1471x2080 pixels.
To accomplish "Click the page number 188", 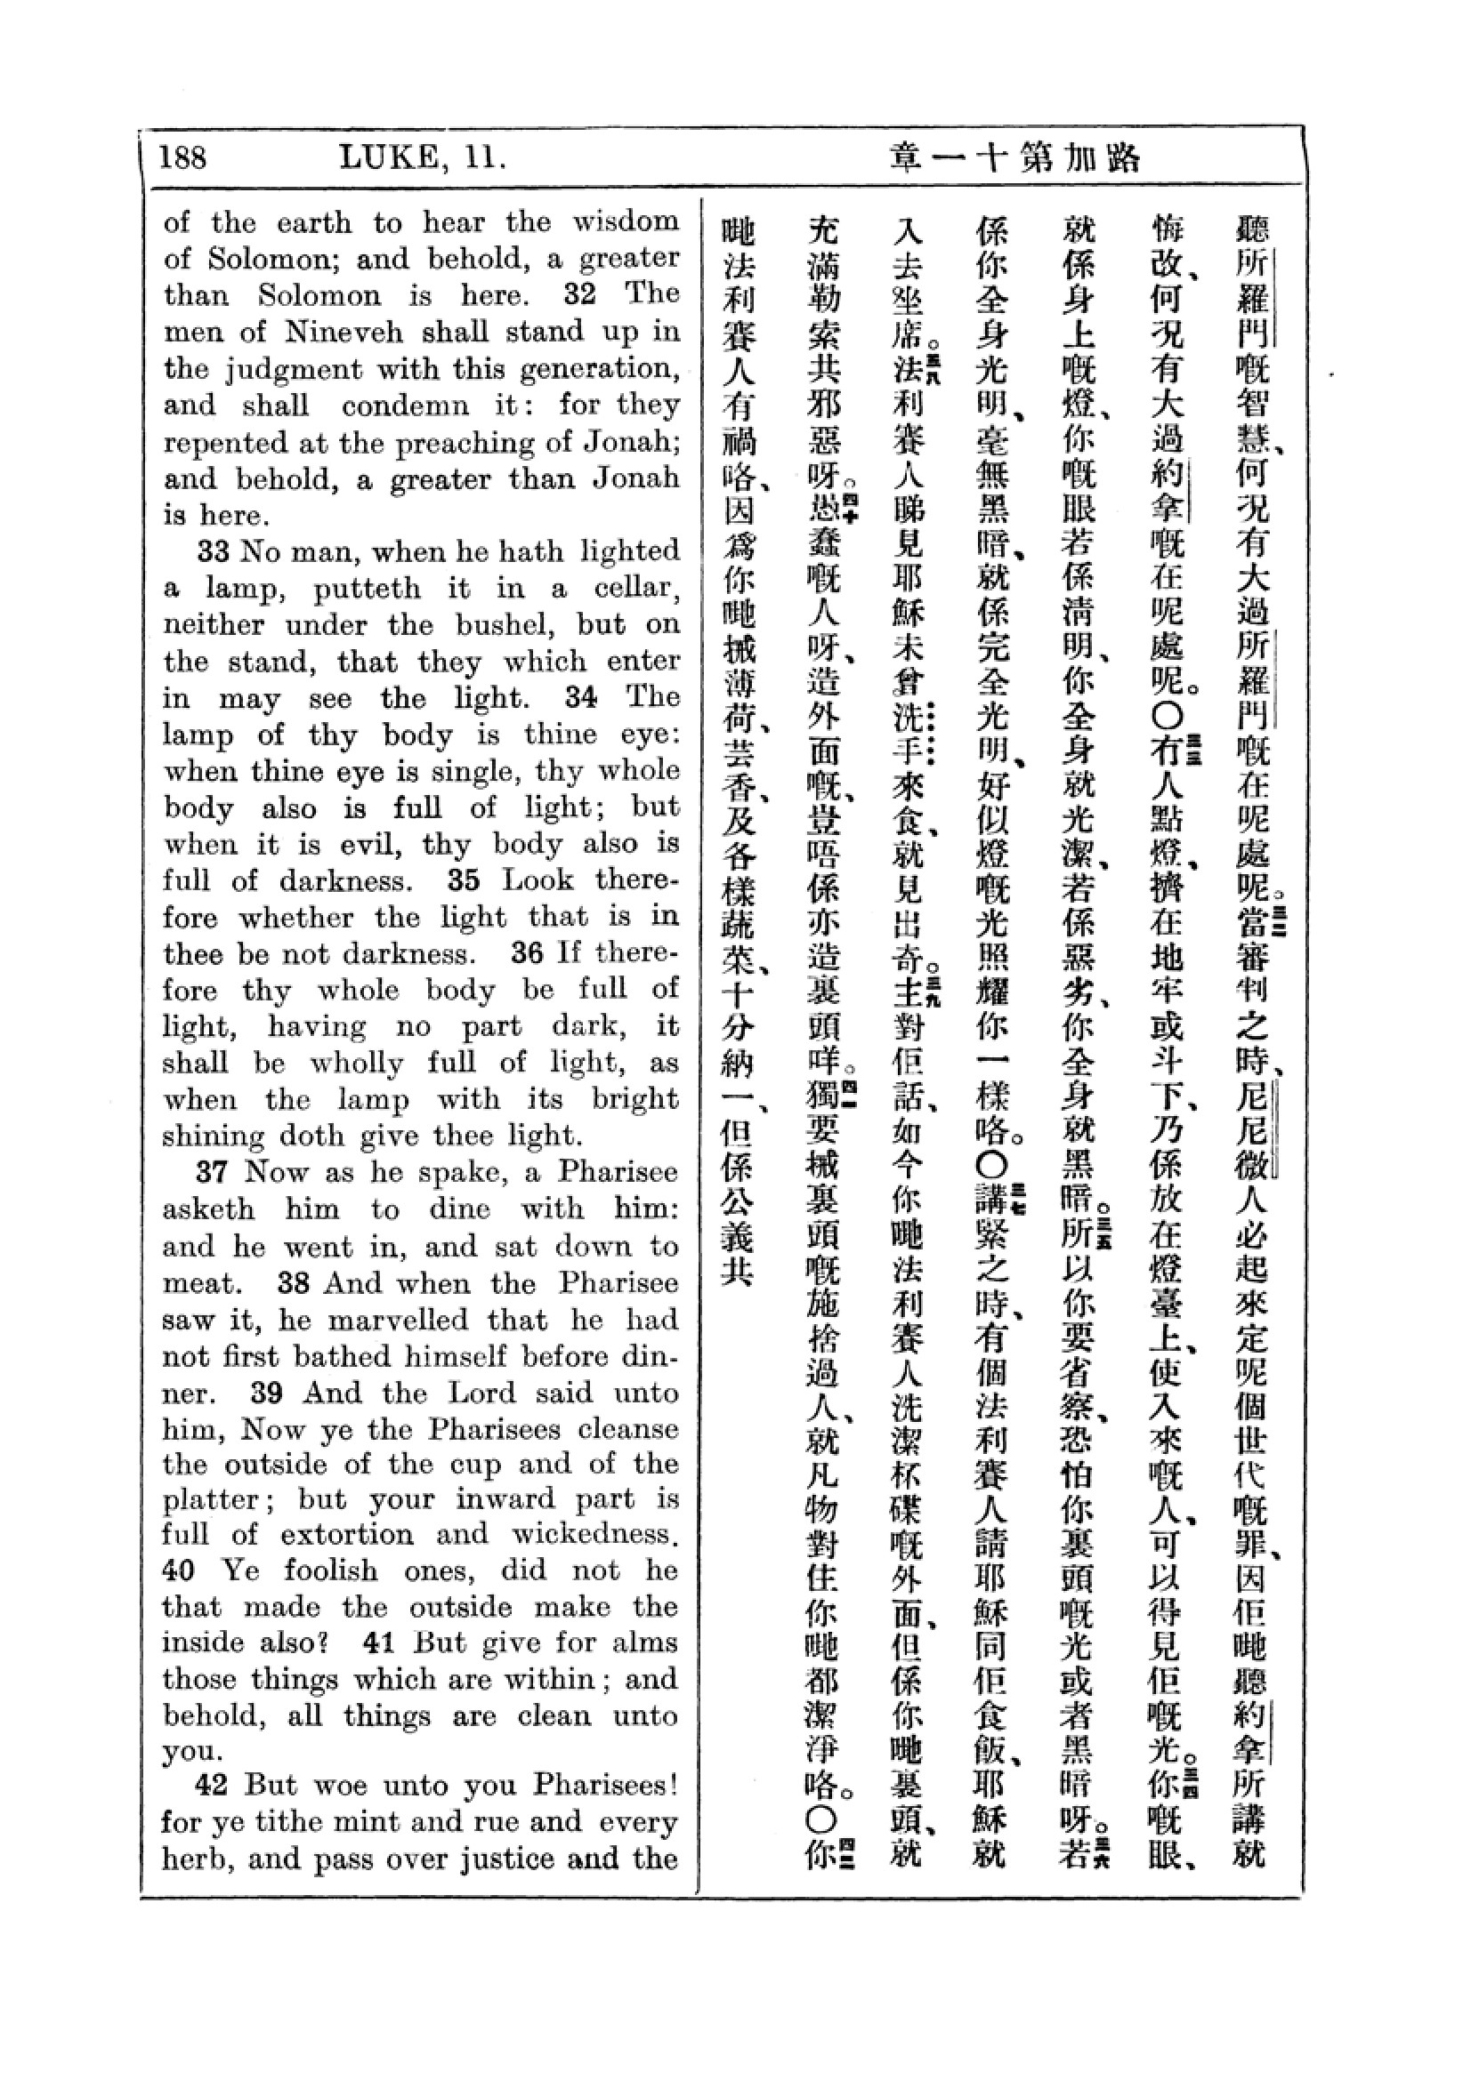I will [x=182, y=157].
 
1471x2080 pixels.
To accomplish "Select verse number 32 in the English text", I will [x=580, y=293].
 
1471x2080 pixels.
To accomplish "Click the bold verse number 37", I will [x=211, y=1172].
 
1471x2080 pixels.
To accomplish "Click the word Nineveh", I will [x=344, y=332].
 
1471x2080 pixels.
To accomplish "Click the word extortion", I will [x=344, y=1534].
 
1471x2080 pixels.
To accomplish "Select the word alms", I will [x=652, y=1642].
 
